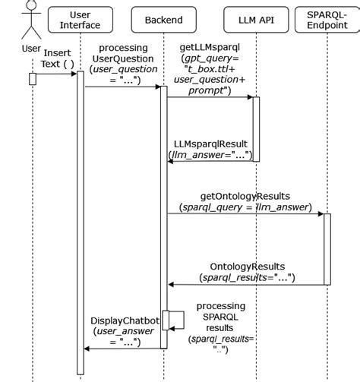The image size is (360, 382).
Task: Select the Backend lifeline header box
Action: [163, 20]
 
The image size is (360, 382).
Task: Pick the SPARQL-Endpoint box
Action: [327, 20]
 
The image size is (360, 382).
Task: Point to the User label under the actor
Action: [31, 49]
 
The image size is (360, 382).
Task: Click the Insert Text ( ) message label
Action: [58, 58]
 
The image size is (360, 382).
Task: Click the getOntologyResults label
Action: [245, 196]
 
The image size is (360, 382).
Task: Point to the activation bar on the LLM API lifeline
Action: [256, 128]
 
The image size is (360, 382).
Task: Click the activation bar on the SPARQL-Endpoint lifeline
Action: [327, 248]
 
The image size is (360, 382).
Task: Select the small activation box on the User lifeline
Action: [33, 79]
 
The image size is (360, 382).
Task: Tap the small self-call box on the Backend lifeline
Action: [166, 320]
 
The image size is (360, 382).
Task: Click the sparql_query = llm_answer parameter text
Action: [245, 207]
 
